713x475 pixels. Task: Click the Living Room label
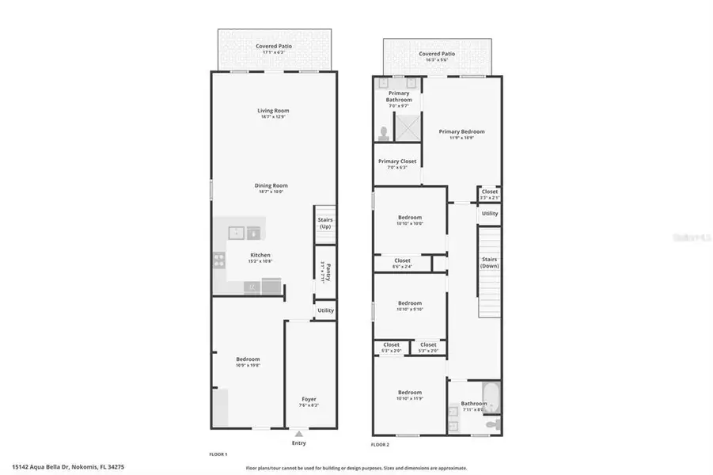273,111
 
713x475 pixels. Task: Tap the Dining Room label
271,186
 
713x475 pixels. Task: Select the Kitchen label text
260,255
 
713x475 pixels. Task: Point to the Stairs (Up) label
324,223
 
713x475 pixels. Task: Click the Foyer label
309,399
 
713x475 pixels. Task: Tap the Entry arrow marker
299,434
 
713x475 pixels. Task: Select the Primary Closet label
396,161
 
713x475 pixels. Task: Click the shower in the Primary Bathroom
407,126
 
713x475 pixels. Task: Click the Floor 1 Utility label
325,311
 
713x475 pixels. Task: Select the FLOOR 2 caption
381,454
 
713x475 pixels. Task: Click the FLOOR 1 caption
218,454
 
